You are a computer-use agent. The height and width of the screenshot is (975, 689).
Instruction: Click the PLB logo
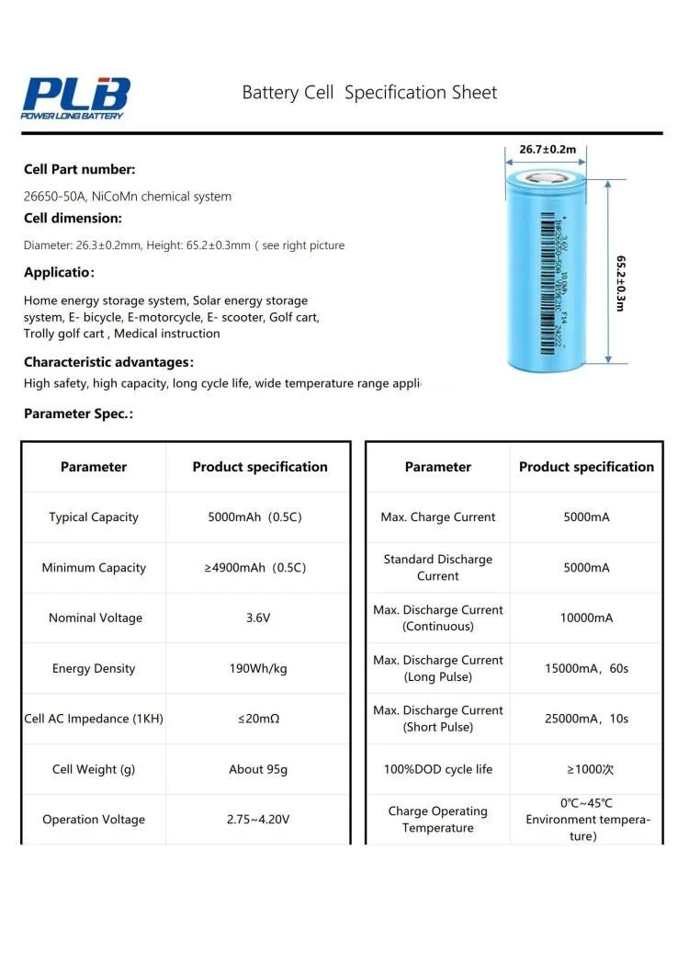point(77,97)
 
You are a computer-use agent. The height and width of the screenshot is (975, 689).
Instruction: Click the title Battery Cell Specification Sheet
point(369,93)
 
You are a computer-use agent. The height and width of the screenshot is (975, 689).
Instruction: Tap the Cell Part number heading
point(80,169)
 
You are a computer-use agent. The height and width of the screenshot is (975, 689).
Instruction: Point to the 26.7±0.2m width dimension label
point(548,149)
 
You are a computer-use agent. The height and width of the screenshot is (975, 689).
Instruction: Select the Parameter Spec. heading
point(78,414)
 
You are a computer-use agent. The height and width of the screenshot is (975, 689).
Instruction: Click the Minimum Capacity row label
point(94,568)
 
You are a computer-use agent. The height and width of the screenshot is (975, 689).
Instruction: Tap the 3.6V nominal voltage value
point(258,618)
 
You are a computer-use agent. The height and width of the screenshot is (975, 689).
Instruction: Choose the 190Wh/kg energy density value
point(258,669)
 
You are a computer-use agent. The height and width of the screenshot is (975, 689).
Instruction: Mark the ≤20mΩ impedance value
point(258,720)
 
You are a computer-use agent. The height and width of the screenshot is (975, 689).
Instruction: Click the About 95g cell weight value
point(258,770)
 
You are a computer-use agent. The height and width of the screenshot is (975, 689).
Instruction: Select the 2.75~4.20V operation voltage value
point(258,820)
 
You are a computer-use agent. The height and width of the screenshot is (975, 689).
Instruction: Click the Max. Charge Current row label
point(437,517)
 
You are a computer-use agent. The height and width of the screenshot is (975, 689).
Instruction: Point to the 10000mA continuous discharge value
point(586,618)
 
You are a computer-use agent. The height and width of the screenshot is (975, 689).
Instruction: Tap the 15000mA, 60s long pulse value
point(586,669)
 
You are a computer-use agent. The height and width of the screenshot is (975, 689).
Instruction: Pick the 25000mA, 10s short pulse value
point(586,720)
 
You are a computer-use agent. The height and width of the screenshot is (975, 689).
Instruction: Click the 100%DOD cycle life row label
point(437,770)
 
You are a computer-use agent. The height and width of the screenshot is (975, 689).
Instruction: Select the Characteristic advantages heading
point(108,362)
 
